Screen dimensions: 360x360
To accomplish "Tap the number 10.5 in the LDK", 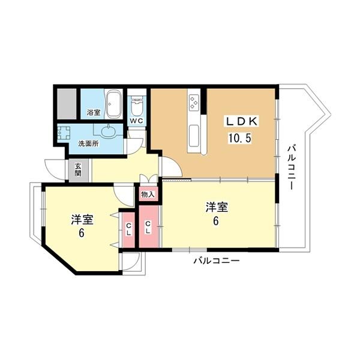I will tap(238, 137).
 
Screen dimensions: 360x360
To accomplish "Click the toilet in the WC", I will tap(137, 107).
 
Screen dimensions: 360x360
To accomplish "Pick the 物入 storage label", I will tap(148, 194).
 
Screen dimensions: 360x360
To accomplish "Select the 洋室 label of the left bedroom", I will tap(81, 219).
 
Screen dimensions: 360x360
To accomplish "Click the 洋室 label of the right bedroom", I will tap(217, 208).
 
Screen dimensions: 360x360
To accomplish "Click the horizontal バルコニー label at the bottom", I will tap(216, 261).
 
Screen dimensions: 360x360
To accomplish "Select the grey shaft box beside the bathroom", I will tap(68, 104).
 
